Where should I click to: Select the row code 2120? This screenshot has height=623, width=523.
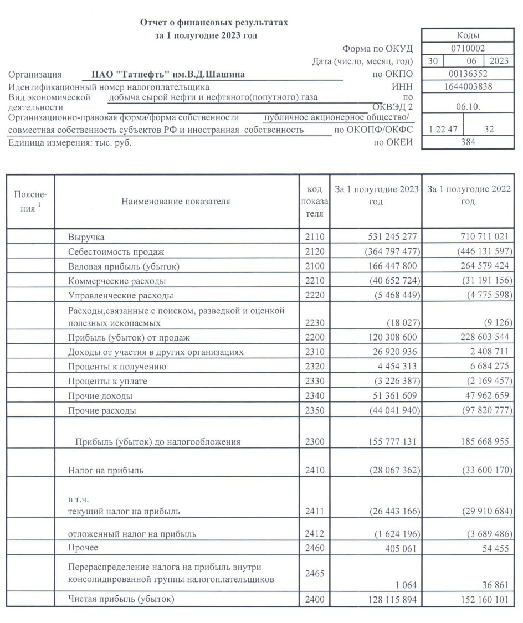click(x=314, y=252)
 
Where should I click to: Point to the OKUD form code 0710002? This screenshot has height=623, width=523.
click(x=468, y=48)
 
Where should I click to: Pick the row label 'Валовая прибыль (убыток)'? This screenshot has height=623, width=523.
click(x=124, y=267)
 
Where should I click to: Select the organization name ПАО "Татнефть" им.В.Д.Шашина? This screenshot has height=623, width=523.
click(x=168, y=74)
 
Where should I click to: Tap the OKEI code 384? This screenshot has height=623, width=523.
click(x=468, y=142)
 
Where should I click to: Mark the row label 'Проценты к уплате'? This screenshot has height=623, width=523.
click(x=107, y=382)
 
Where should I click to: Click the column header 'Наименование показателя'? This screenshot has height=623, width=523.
click(x=176, y=202)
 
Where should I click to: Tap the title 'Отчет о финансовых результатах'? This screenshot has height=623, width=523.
click(x=214, y=23)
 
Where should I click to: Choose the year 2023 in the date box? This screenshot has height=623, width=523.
click(x=499, y=61)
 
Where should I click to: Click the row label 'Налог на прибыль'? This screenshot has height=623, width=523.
click(x=106, y=471)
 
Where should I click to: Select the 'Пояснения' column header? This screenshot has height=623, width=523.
click(x=30, y=202)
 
